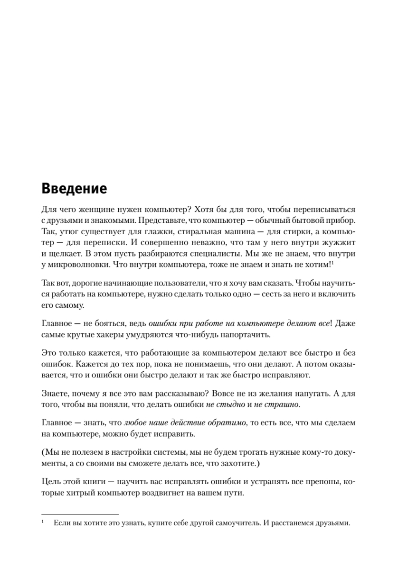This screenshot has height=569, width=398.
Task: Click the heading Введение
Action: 74,189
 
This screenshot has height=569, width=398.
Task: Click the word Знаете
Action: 55,394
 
